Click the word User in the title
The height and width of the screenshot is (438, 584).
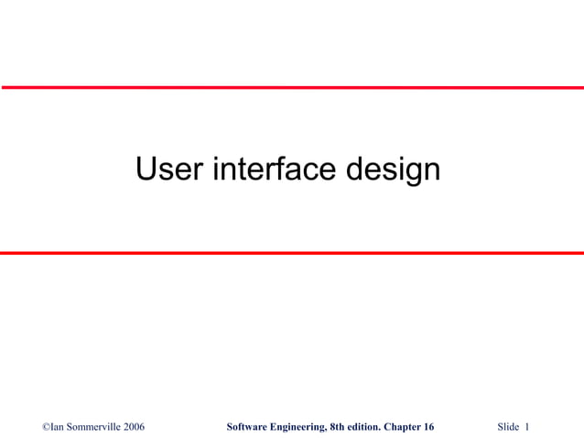170,170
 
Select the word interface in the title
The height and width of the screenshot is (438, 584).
277,170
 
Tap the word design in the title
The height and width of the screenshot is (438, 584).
394,170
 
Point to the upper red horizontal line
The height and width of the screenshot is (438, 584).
292,87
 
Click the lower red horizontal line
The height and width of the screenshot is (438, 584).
292,253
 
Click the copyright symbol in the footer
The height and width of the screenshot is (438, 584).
47,427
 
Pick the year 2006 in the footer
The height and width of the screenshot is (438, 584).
133,427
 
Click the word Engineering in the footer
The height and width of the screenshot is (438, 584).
298,427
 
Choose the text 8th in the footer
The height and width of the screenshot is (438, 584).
340,427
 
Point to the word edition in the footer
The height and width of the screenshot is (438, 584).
367,427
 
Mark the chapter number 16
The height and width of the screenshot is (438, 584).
429,427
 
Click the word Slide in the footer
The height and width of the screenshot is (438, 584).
508,427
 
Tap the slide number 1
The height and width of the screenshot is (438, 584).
528,427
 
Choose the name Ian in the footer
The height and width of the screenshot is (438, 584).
59,427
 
